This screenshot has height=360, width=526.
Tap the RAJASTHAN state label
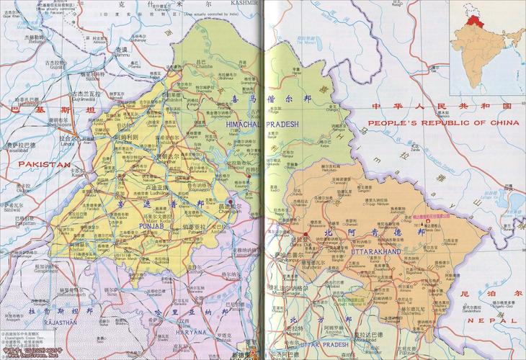[x=53, y=323]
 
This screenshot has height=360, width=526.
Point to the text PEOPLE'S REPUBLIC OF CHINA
[x=445, y=122]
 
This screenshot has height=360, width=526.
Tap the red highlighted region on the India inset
[x=473, y=20]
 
